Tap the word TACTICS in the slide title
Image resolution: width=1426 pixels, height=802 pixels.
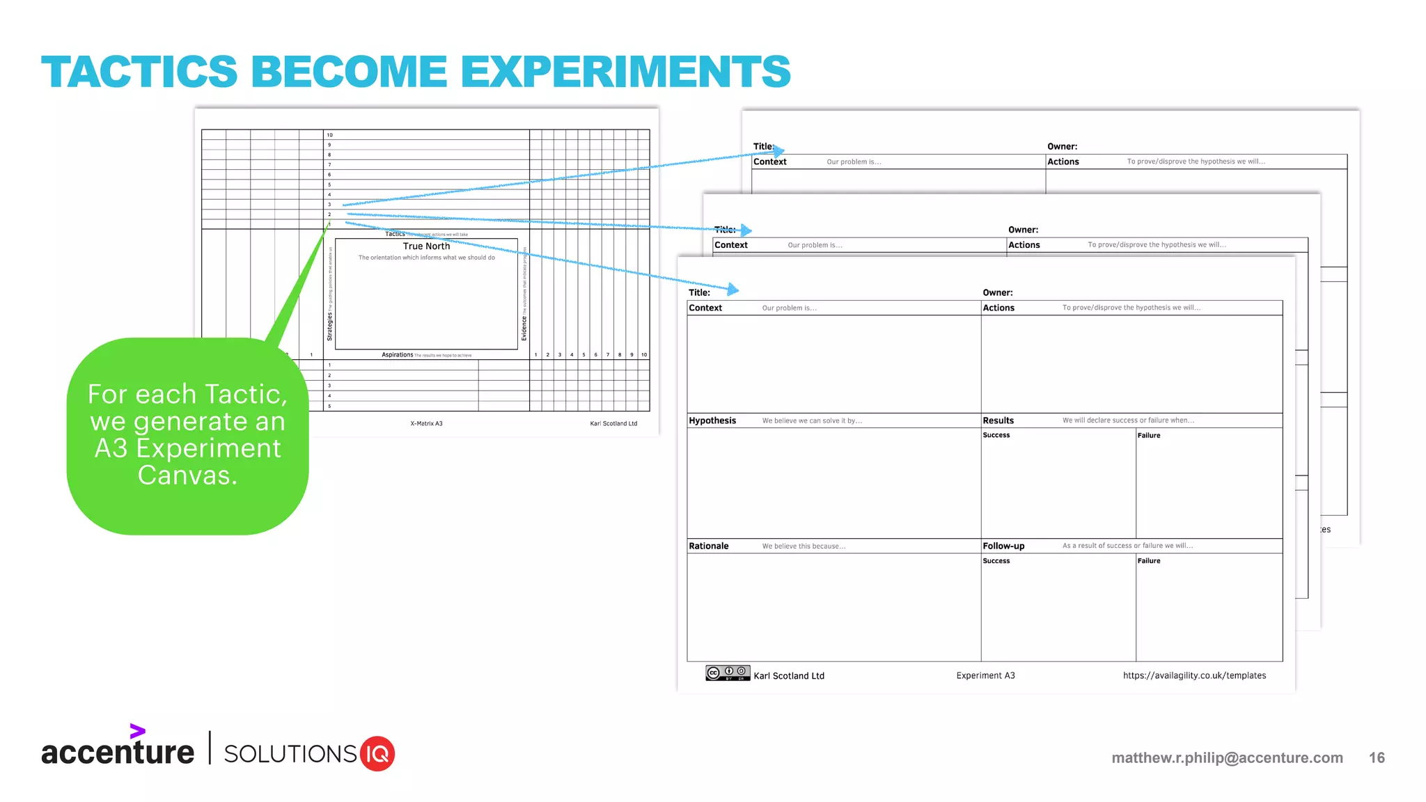pos(139,72)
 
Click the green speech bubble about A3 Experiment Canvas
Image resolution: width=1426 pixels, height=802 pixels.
pos(187,436)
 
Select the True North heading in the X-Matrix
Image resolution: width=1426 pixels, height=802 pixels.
pos(426,246)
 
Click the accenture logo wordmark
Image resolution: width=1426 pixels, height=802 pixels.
pos(118,752)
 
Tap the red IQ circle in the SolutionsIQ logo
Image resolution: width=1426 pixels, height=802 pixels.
pos(377,754)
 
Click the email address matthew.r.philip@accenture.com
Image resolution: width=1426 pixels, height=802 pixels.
pos(1227,757)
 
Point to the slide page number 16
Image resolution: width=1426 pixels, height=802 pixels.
pos(1377,757)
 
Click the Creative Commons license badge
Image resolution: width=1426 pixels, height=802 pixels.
pos(728,673)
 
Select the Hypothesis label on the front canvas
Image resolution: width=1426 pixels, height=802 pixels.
pos(712,420)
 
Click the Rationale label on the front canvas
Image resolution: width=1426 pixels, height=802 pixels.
pos(709,546)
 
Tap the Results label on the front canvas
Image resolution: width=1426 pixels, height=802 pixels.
pos(998,420)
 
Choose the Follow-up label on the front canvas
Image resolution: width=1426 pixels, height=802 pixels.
pos(1003,546)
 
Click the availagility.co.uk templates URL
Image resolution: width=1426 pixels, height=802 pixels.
pos(1194,675)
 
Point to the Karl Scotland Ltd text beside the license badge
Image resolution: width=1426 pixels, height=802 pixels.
pos(789,676)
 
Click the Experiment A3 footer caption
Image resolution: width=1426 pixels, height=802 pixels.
pos(985,675)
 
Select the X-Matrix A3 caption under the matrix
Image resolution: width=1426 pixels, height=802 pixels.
pos(426,423)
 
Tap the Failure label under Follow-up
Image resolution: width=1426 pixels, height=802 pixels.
pos(1149,561)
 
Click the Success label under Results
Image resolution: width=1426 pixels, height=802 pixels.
pos(996,435)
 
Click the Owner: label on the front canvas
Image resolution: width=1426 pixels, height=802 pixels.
pos(997,292)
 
